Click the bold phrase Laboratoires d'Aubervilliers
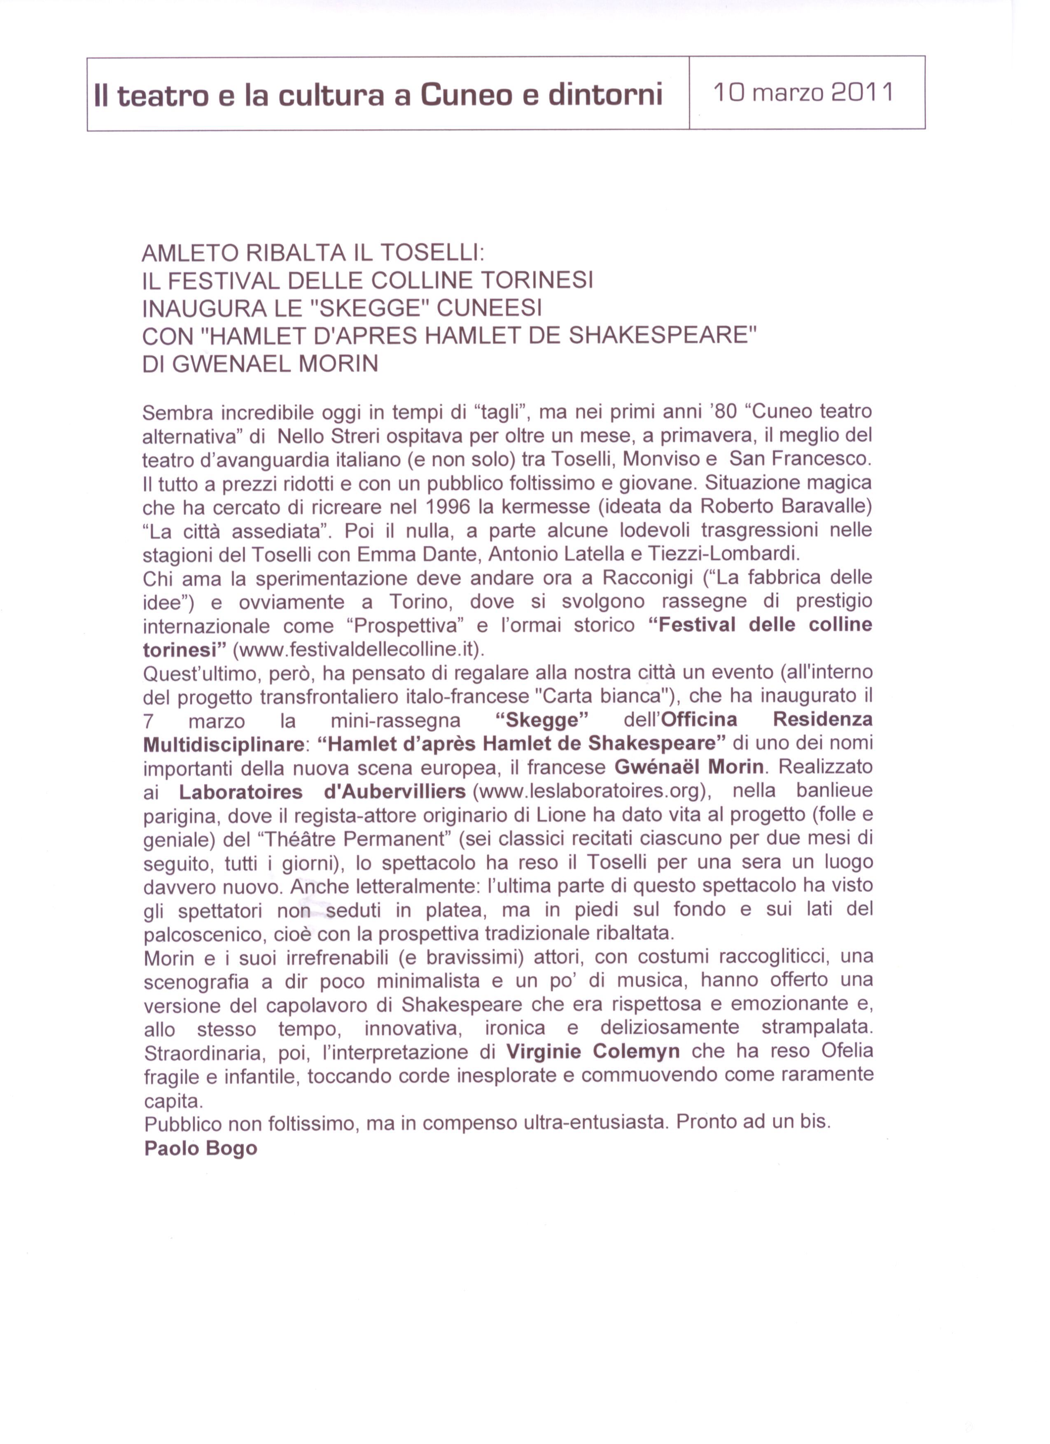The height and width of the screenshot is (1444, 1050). [x=323, y=791]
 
